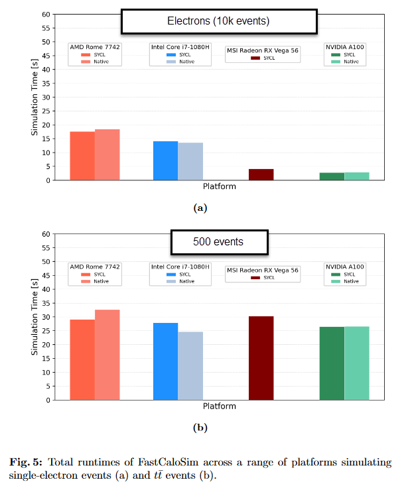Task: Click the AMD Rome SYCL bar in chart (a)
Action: [x=82, y=156]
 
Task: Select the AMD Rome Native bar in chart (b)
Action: [x=107, y=355]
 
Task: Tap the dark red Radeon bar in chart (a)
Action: [x=261, y=174]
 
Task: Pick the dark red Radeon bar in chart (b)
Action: [x=261, y=358]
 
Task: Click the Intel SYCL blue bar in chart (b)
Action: [x=165, y=361]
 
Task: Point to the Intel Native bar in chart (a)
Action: [x=190, y=161]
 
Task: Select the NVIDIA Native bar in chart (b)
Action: [x=357, y=363]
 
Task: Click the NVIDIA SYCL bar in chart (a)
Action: [x=332, y=176]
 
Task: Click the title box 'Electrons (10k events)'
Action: [x=218, y=21]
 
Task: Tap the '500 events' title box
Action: [x=219, y=242]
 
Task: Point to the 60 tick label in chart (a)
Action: [x=45, y=14]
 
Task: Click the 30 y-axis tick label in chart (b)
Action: [x=45, y=317]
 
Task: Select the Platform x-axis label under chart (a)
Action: [x=219, y=186]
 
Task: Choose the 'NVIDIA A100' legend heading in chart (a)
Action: [x=344, y=47]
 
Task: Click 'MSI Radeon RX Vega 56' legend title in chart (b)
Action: [x=263, y=270]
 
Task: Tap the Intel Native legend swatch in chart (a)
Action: [x=170, y=62]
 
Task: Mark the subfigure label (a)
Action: [x=200, y=208]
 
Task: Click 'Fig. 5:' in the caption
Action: [x=26, y=462]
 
